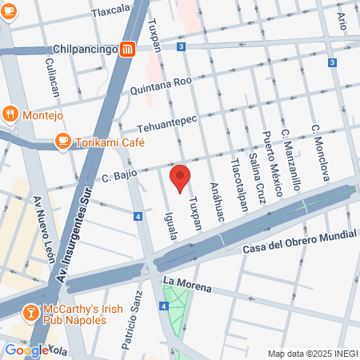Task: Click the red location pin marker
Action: tap(181, 178)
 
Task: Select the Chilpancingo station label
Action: tap(85, 50)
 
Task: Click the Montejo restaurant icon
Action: tap(10, 114)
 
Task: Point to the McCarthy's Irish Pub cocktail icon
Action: tap(30, 312)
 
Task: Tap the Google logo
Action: tap(24, 350)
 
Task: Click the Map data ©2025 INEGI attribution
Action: tap(312, 354)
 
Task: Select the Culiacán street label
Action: tap(53, 77)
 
